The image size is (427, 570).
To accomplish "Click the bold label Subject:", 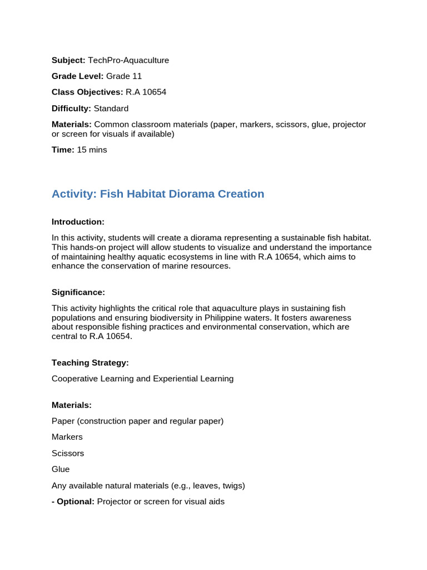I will click(x=68, y=60).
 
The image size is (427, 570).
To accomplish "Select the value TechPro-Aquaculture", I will click(x=128, y=60).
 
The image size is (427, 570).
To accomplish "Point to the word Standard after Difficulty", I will click(x=111, y=109).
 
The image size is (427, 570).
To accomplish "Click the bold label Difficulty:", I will click(x=71, y=109).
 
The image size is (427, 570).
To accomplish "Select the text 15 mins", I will click(x=92, y=150).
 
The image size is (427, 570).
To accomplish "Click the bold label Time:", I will click(x=63, y=150).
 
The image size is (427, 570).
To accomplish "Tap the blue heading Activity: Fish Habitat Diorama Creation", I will click(x=158, y=194).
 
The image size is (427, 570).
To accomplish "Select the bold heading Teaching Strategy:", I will click(x=90, y=363).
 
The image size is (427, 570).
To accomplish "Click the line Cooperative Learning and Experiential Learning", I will click(x=142, y=379).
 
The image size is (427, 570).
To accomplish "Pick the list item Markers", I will click(x=67, y=437).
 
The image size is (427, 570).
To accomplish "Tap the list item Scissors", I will click(x=68, y=453).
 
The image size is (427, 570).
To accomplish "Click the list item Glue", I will click(x=61, y=469).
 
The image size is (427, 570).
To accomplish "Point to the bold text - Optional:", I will click(x=73, y=502).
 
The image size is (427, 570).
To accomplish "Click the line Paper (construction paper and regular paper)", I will click(x=137, y=421).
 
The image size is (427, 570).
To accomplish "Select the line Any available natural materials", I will click(x=148, y=485).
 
